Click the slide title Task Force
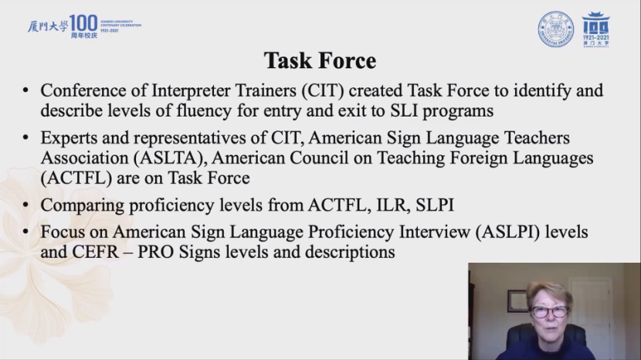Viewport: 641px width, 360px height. tap(320, 61)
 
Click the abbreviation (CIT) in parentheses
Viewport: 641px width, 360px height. tap(323, 91)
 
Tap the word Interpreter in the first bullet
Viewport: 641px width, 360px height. tap(224, 91)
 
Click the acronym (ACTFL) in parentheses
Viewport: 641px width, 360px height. tap(76, 178)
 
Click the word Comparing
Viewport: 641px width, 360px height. tap(82, 205)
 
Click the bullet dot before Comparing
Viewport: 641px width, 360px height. tap(25, 205)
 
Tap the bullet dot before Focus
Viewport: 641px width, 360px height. tap(25, 232)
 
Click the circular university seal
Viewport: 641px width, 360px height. tap(555, 29)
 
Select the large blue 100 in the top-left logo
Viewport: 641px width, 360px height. tap(84, 23)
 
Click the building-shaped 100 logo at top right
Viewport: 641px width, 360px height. tap(595, 29)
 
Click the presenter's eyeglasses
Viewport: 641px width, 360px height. tap(549, 312)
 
